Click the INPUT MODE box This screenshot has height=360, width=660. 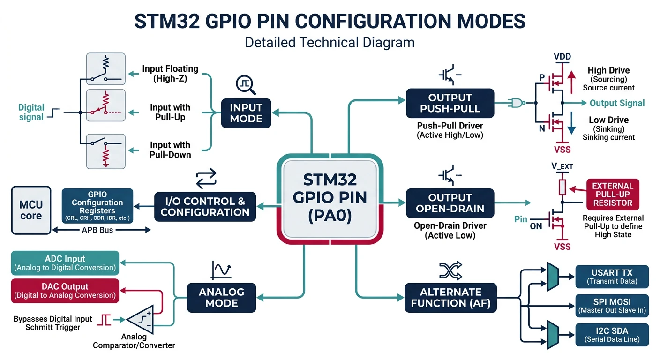[246, 113]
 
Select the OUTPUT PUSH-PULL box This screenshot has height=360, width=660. [450, 103]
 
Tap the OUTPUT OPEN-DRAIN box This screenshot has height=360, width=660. [450, 203]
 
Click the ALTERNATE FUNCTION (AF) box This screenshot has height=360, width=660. [450, 298]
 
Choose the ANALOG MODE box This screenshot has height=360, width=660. [221, 298]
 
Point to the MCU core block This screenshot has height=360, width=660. [31, 210]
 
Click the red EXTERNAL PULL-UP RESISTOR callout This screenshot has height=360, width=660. [612, 194]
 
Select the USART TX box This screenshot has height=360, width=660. [612, 277]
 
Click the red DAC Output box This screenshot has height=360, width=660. [65, 291]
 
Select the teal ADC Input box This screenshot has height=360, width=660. [65, 262]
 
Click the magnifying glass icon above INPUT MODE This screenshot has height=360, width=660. [246, 84]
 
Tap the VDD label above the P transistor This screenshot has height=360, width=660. [562, 57]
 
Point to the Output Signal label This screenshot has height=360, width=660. [617, 103]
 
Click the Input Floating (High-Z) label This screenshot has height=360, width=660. [170, 74]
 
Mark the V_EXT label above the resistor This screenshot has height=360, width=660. [562, 166]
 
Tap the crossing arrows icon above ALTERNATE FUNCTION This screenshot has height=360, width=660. [450, 270]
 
